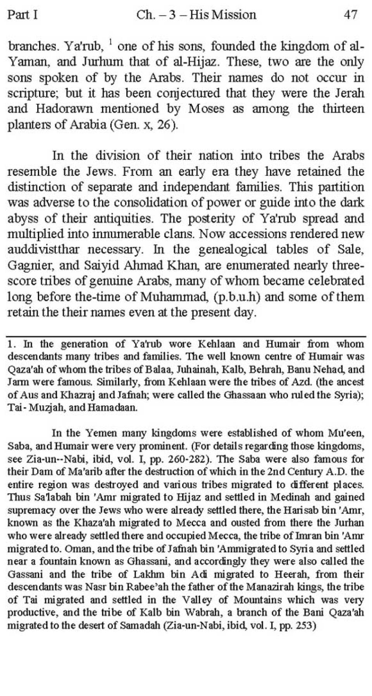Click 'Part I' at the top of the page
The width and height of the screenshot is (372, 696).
click(22, 15)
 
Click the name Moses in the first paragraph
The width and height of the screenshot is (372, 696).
click(206, 109)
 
